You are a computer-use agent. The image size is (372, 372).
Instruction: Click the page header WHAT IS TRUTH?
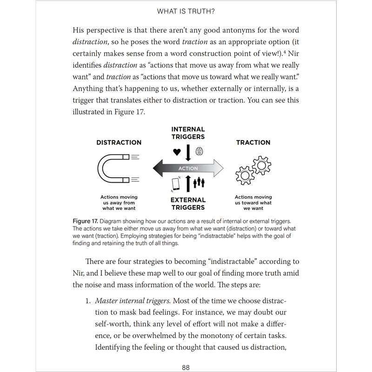(186, 11)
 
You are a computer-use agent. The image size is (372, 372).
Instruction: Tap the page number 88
(186, 367)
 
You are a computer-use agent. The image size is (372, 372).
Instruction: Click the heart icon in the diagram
(177, 152)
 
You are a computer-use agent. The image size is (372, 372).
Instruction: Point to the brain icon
(199, 151)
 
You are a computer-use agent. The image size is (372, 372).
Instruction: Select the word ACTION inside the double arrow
(188, 168)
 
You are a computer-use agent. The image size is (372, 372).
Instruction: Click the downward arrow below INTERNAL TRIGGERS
(188, 153)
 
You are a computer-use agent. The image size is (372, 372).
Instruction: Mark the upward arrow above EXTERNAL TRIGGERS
(188, 184)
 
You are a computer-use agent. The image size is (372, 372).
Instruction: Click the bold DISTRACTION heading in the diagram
(119, 142)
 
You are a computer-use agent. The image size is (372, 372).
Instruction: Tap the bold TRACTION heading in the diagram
(253, 142)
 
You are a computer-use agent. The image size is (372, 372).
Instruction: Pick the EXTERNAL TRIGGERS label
(188, 203)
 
